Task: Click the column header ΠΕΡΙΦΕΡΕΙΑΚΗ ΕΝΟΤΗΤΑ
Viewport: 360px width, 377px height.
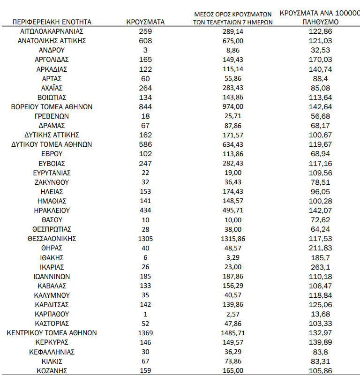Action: click(x=52, y=22)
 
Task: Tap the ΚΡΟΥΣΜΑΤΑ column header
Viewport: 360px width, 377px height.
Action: click(x=145, y=22)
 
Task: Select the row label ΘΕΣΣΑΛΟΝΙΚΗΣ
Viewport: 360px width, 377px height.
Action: click(x=52, y=239)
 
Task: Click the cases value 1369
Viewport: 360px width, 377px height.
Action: click(x=145, y=333)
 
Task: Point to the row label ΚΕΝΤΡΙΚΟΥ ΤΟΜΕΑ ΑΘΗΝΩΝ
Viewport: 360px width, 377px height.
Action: click(x=52, y=333)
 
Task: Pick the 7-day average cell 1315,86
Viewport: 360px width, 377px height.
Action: click(x=233, y=239)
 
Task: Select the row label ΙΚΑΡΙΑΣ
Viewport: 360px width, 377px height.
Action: click(x=52, y=267)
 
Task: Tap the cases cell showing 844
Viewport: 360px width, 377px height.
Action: click(x=145, y=107)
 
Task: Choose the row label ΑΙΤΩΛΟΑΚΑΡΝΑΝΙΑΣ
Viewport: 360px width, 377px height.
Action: click(x=52, y=31)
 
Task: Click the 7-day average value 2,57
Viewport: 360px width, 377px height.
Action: click(x=233, y=314)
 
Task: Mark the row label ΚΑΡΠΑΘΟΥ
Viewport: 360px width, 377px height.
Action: click(x=52, y=314)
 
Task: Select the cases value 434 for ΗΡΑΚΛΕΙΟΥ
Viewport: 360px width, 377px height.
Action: click(x=145, y=211)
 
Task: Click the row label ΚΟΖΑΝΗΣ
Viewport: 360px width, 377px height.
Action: click(x=52, y=370)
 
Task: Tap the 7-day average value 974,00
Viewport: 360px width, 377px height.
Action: click(x=233, y=107)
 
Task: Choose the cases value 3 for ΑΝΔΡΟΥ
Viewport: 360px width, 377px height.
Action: click(x=145, y=50)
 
